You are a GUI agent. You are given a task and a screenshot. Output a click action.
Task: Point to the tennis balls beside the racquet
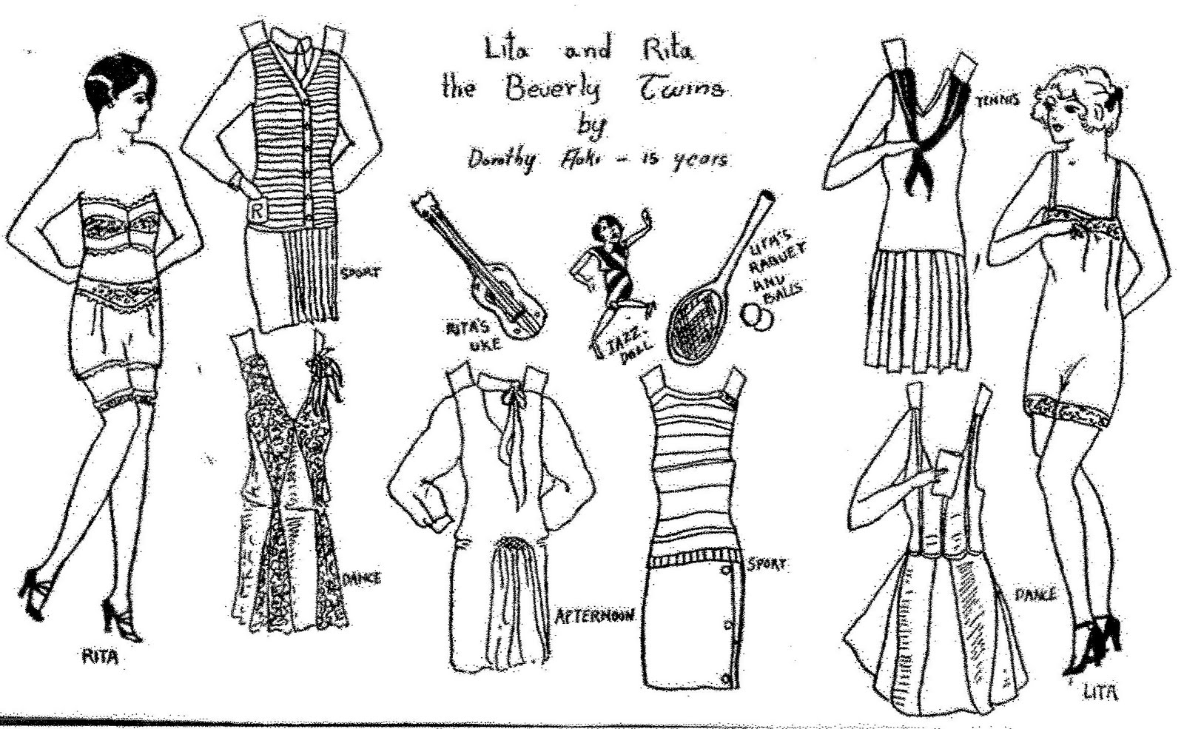click(x=758, y=316)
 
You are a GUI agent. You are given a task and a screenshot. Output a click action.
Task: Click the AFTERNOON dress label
click(x=594, y=616)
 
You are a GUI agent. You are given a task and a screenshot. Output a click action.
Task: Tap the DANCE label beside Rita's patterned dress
click(x=362, y=578)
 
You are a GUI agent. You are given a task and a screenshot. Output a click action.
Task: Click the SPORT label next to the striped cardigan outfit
click(x=360, y=273)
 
